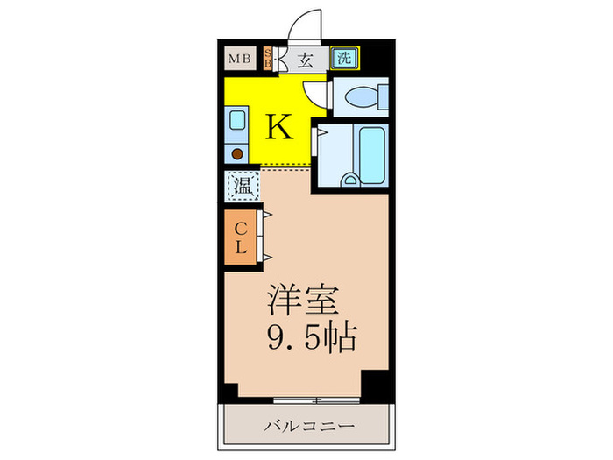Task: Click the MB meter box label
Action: point(238,60)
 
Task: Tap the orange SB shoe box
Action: point(268,60)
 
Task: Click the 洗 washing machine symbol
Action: point(345,60)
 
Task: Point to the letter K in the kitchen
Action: point(278,128)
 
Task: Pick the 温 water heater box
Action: point(240,186)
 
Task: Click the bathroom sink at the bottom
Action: point(352,181)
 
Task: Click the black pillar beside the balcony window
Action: point(376,385)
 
